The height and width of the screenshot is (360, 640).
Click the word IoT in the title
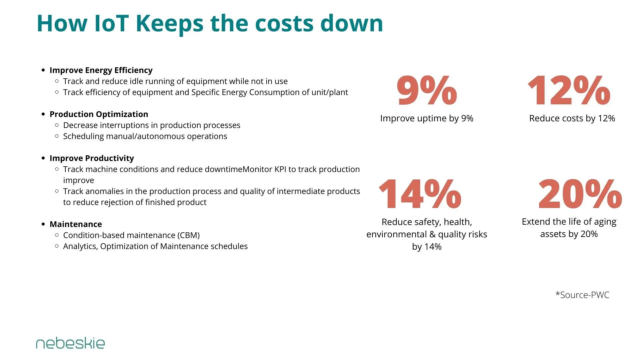pyautogui.click(x=112, y=23)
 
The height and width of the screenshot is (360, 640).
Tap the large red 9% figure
pyautogui.click(x=427, y=90)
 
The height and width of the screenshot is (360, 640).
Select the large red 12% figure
pyautogui.click(x=569, y=90)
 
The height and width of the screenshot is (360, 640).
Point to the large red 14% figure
pyautogui.click(x=420, y=194)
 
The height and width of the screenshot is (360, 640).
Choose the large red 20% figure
pyautogui.click(x=580, y=194)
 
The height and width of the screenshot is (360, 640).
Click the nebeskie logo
pyautogui.click(x=70, y=344)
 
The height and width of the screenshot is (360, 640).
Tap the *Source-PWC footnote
pyautogui.click(x=582, y=295)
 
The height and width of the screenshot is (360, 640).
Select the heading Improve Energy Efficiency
pyautogui.click(x=101, y=70)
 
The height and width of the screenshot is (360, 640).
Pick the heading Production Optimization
pyautogui.click(x=99, y=114)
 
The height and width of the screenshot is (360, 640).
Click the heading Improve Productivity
pyautogui.click(x=92, y=158)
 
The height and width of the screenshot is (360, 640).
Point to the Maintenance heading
pyautogui.click(x=76, y=224)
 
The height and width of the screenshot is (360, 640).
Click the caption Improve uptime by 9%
pyautogui.click(x=427, y=118)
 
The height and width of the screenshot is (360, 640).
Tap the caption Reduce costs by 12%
pyautogui.click(x=572, y=118)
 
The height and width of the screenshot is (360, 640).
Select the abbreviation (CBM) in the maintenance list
pyautogui.click(x=188, y=235)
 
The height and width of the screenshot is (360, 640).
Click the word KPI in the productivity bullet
pyautogui.click(x=280, y=169)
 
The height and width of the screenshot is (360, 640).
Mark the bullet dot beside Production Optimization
pyautogui.click(x=43, y=114)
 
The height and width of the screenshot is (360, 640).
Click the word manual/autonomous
pyautogui.click(x=148, y=136)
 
